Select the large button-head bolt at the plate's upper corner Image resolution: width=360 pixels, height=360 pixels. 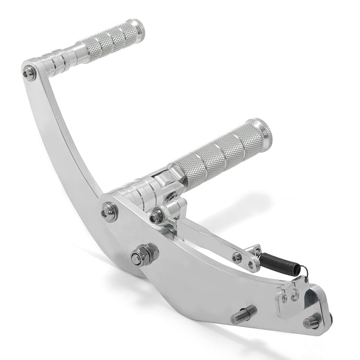pyautogui.click(x=109, y=211)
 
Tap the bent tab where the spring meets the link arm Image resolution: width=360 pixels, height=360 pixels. pyautogui.click(x=255, y=250)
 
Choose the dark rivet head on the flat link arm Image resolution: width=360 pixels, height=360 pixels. pyautogui.click(x=237, y=257)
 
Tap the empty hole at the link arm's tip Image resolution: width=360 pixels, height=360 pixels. pyautogui.click(x=251, y=264)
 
